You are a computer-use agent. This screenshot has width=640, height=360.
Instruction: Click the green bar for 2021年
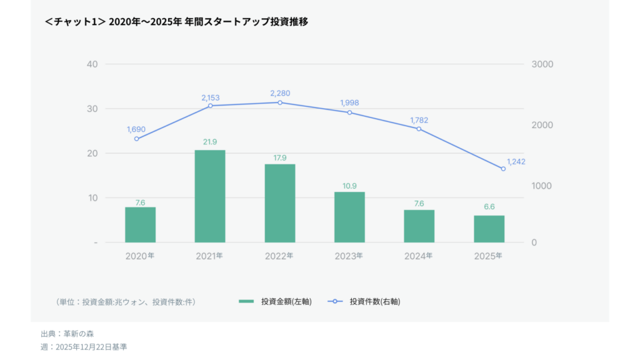tap(209, 196)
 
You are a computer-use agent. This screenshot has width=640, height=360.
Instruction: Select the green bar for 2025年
tap(489, 229)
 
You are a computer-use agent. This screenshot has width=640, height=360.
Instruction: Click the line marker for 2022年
tap(279, 102)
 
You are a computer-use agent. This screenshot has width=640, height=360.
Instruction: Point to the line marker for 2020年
tap(136, 139)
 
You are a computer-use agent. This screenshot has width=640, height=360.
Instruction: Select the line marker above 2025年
tap(503, 169)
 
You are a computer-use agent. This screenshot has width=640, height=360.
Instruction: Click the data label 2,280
tap(280, 93)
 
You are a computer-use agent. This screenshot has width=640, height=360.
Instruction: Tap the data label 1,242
tap(516, 161)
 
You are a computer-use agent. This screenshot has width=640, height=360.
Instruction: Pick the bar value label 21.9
tap(209, 142)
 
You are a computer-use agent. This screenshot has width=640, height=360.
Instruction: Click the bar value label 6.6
tap(489, 207)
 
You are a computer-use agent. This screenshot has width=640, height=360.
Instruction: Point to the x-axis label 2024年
tap(419, 256)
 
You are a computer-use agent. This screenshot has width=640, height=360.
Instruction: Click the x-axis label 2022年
tap(279, 256)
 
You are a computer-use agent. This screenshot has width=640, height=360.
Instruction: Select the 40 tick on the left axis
tap(92, 64)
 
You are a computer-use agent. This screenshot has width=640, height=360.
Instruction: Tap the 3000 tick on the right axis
tap(542, 64)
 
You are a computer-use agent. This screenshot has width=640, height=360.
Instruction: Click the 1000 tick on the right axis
tap(542, 186)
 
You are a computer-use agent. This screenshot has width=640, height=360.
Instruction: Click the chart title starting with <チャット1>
tap(176, 22)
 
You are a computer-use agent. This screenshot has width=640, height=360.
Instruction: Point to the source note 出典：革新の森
tap(67, 334)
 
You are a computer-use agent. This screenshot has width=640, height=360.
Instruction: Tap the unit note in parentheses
tap(126, 302)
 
